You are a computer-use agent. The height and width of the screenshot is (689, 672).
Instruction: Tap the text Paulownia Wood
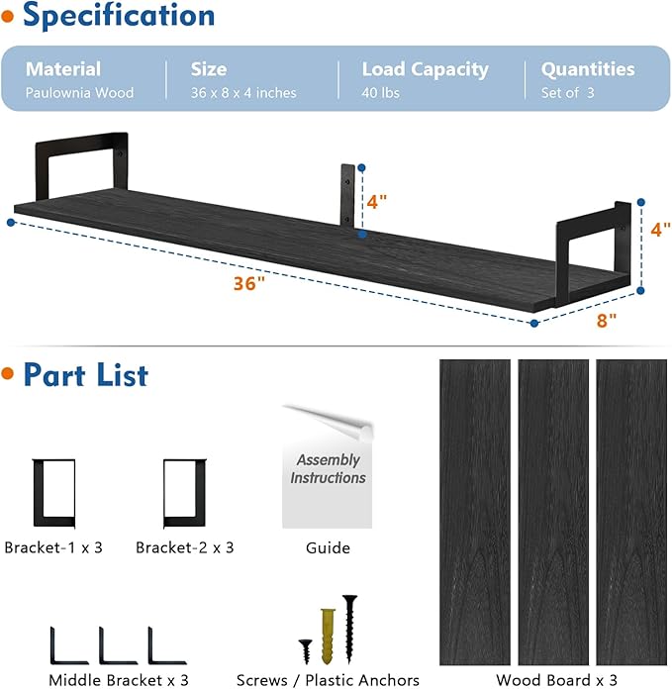pyautogui.click(x=79, y=93)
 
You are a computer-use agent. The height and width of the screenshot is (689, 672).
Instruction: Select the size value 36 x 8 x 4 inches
pyautogui.click(x=243, y=93)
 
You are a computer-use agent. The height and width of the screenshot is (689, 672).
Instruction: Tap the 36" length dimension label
pyautogui.click(x=250, y=283)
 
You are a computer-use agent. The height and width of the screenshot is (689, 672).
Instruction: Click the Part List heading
pyautogui.click(x=85, y=375)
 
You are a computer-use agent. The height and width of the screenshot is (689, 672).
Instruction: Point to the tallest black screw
pyautogui.click(x=349, y=627)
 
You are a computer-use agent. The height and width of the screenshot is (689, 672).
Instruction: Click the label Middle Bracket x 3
pyautogui.click(x=119, y=680)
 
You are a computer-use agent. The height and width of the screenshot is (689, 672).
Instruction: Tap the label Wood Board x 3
pyautogui.click(x=557, y=680)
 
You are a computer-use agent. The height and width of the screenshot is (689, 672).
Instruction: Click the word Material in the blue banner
pyautogui.click(x=63, y=69)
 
